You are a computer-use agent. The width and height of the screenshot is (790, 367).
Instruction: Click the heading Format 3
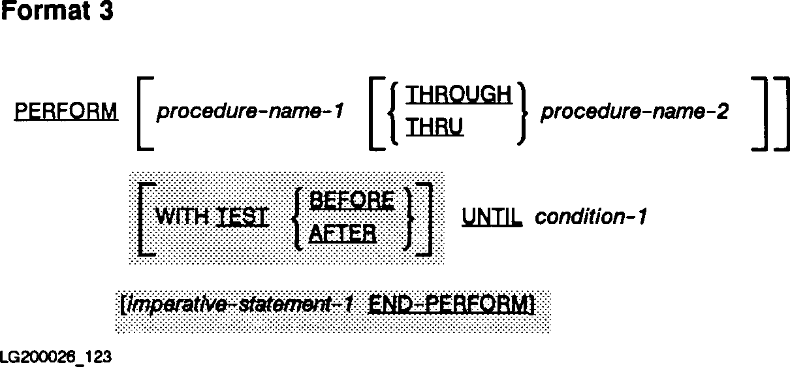pyautogui.click(x=57, y=12)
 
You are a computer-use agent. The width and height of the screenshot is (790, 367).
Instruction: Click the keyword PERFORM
pyautogui.click(x=66, y=112)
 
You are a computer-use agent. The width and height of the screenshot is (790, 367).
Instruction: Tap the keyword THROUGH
pyautogui.click(x=459, y=95)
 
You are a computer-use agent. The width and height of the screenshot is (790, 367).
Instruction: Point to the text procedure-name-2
pyautogui.click(x=635, y=112)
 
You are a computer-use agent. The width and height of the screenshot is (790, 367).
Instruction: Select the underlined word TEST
pyautogui.click(x=242, y=217)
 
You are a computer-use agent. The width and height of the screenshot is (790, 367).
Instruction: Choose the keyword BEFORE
pyautogui.click(x=351, y=200)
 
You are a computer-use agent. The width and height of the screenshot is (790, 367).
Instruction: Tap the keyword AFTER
pyautogui.click(x=343, y=233)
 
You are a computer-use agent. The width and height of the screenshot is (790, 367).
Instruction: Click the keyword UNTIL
pyautogui.click(x=492, y=217)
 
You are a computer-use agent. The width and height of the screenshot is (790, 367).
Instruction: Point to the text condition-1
pyautogui.click(x=591, y=217)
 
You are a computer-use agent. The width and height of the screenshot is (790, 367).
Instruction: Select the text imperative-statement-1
pyautogui.click(x=242, y=305)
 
